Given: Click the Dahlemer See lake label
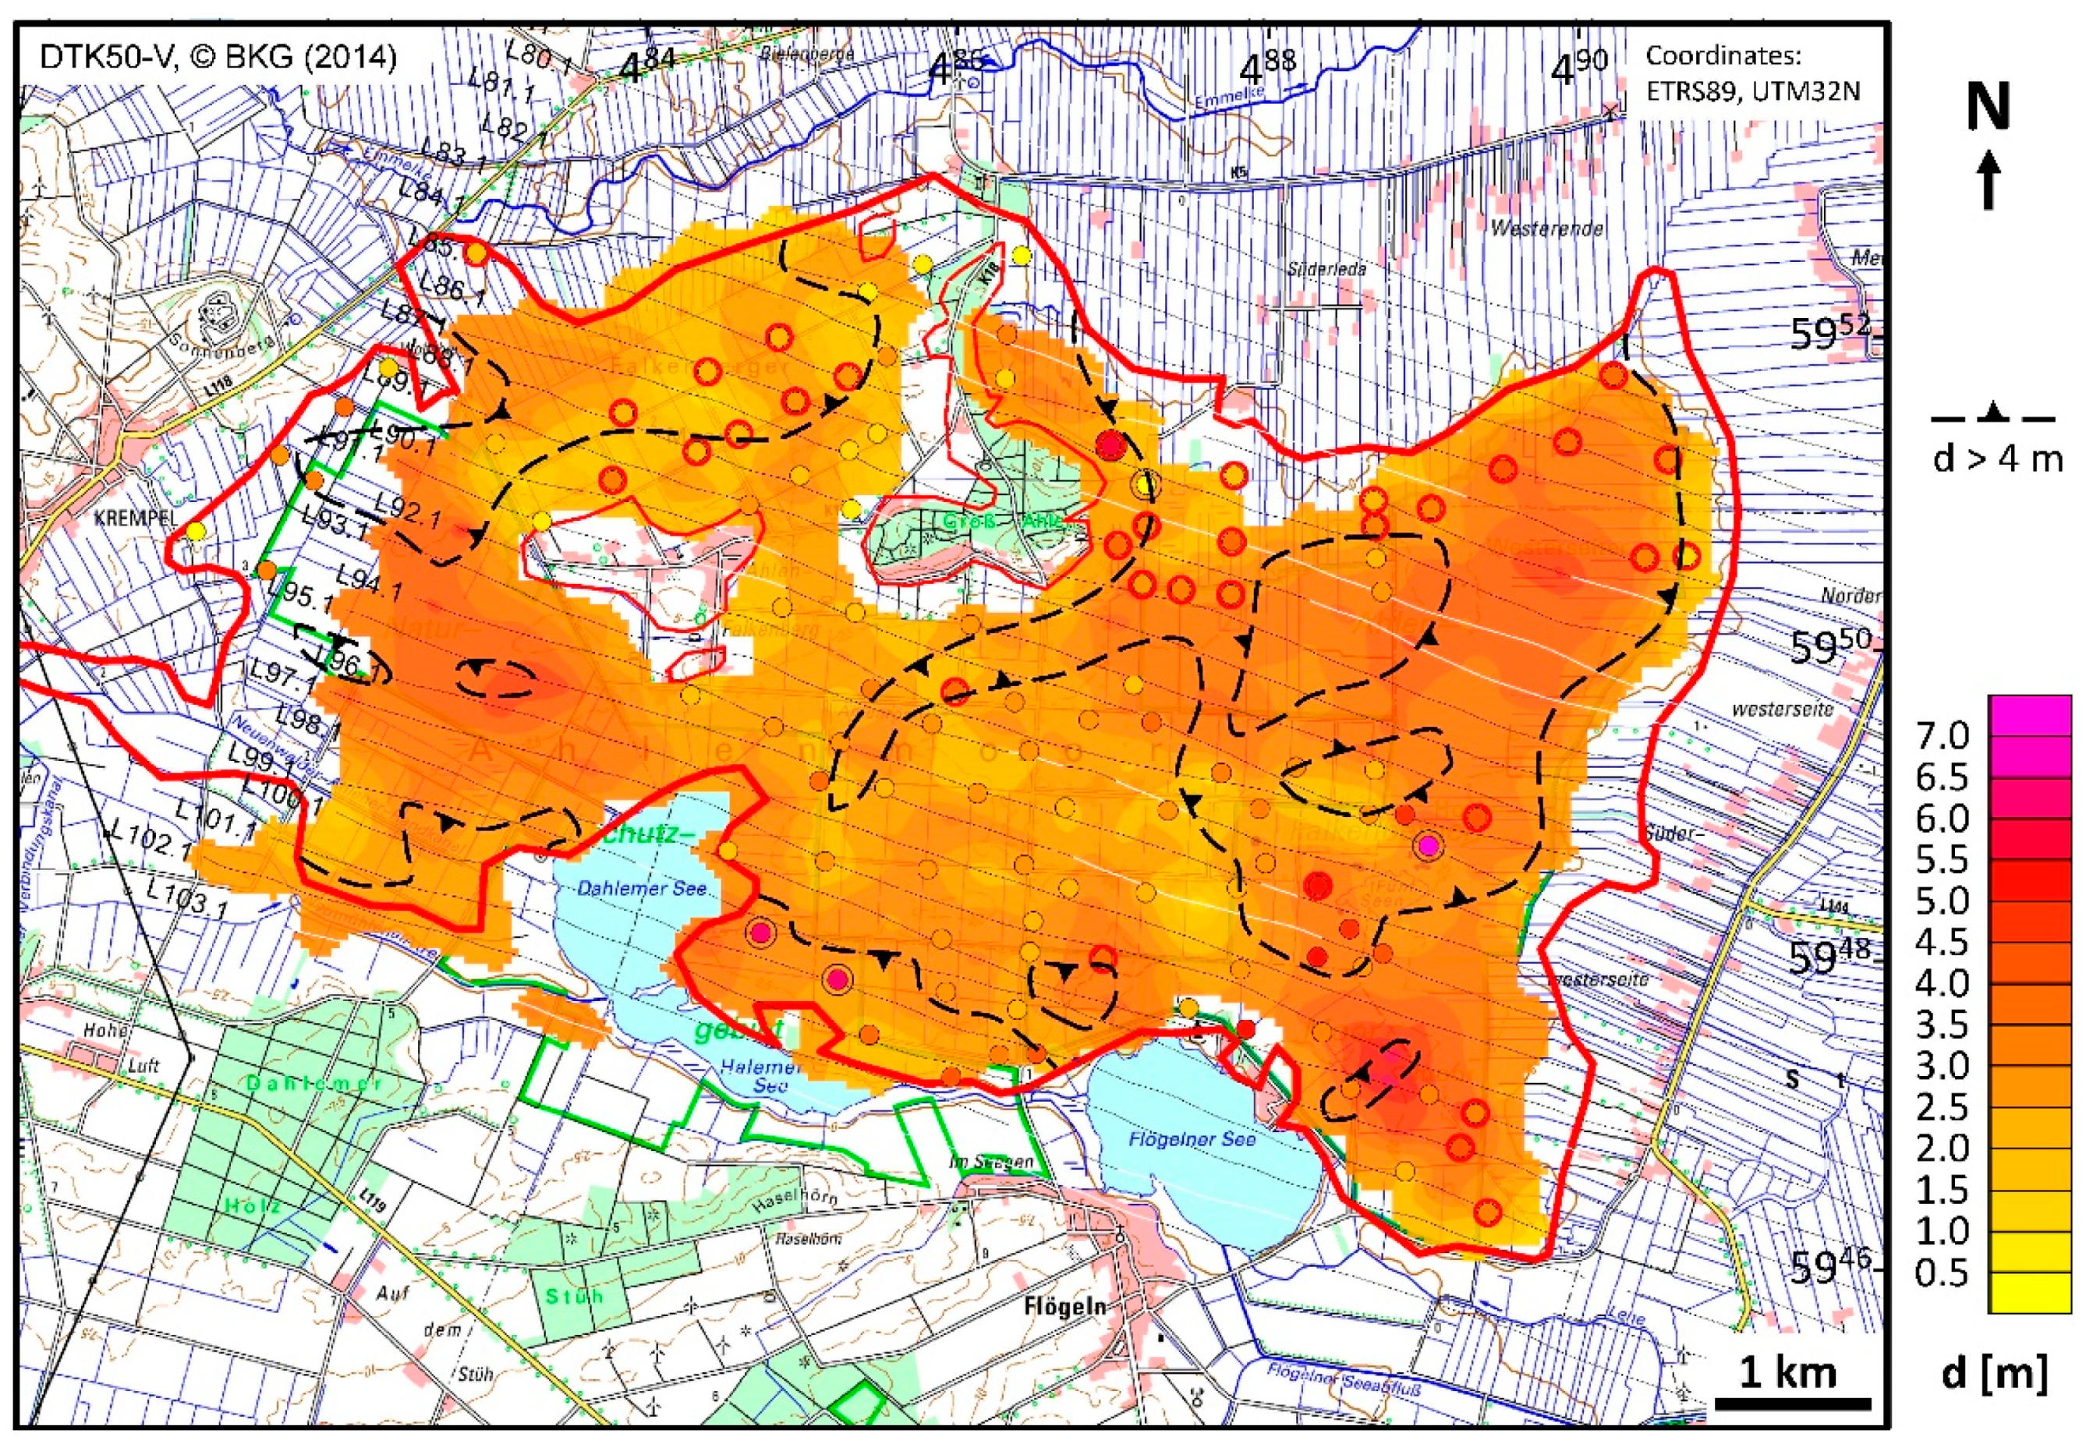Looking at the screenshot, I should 642,889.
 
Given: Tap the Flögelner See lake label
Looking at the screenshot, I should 1191,1140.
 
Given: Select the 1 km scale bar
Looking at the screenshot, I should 1791,1403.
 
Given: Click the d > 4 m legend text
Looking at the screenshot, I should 1997,459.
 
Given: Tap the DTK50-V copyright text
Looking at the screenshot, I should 218,58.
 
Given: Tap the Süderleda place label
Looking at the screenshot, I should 1326,270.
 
